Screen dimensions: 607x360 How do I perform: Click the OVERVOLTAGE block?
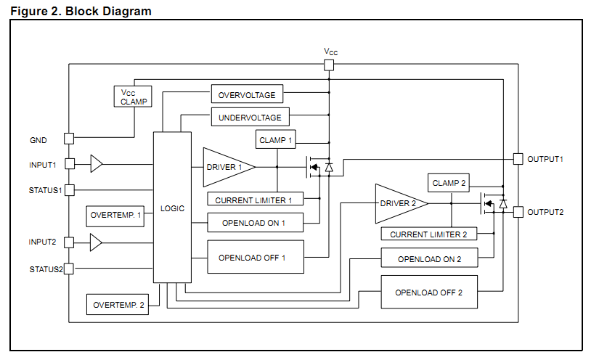(247, 94)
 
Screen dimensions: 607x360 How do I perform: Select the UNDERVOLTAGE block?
(250, 117)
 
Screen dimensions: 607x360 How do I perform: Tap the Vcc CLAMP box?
(133, 97)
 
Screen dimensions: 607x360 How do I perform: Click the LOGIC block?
(172, 208)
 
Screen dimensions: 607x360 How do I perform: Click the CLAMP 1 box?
(276, 139)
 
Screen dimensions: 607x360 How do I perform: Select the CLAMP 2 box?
(449, 183)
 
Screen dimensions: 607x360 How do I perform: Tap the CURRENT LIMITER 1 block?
(255, 199)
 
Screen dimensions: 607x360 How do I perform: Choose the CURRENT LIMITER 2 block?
(429, 234)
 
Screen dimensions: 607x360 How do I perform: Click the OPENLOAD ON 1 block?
(255, 223)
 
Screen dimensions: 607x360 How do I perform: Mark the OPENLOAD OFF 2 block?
(429, 292)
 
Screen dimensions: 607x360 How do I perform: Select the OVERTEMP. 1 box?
(115, 216)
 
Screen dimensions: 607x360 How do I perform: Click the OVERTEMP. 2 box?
(118, 304)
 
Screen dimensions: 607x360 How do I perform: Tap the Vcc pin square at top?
(329, 65)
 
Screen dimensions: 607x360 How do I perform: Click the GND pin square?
(69, 139)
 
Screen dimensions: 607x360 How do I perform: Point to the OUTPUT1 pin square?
(518, 159)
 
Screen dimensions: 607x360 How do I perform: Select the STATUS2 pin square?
(69, 269)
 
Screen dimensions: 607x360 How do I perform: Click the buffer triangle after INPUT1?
(97, 164)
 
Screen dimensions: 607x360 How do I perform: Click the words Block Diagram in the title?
(108, 11)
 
